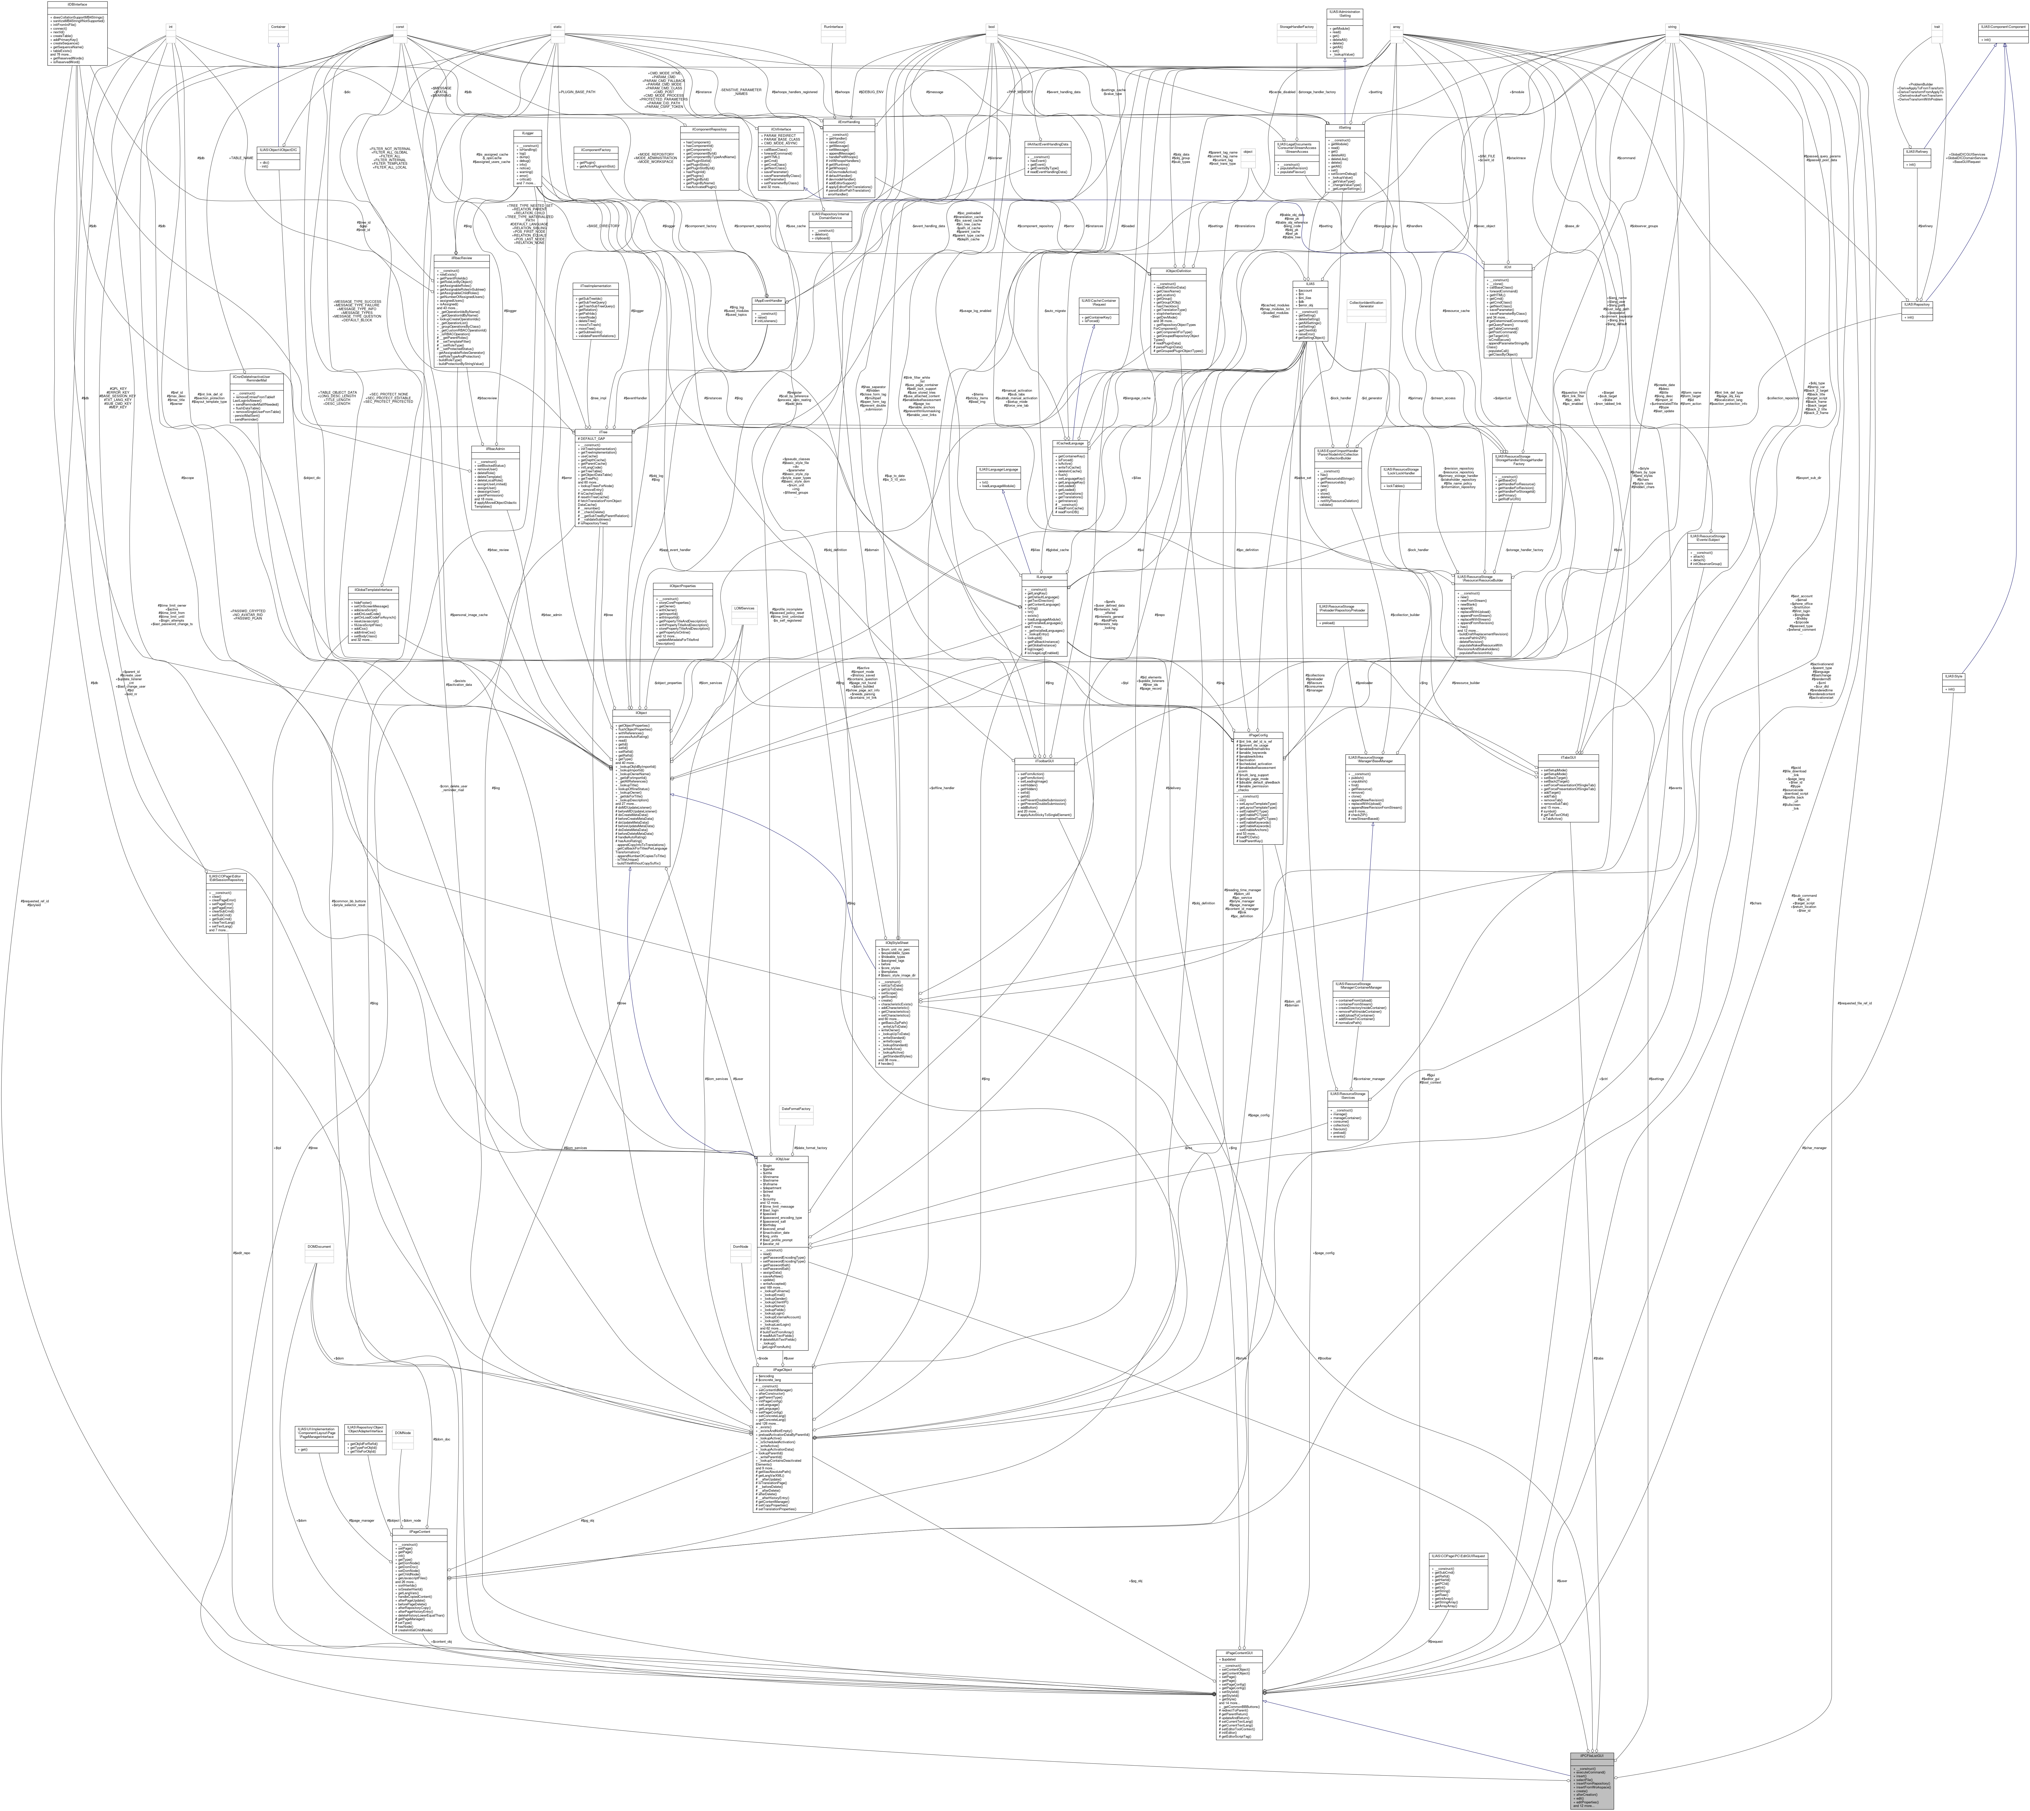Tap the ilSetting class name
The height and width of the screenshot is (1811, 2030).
point(1345,126)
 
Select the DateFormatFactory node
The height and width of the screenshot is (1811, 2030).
point(796,1108)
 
